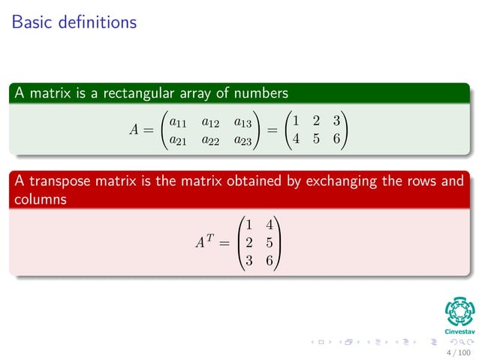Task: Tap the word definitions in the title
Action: (94, 23)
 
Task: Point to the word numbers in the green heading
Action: (263, 93)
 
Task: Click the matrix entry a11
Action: (178, 122)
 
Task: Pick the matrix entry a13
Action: (243, 122)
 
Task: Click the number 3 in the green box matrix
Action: (337, 121)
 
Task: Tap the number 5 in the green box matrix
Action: (316, 139)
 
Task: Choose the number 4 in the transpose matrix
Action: (269, 224)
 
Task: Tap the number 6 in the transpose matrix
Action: (269, 260)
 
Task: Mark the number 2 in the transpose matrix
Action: (249, 242)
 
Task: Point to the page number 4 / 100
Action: (458, 352)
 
